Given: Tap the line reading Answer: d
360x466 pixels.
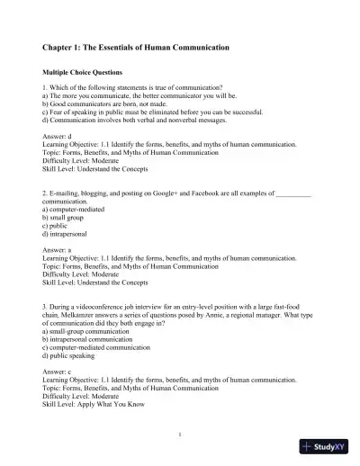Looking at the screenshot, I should pos(59,139).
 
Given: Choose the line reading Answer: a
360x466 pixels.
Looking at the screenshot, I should pos(59,246).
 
